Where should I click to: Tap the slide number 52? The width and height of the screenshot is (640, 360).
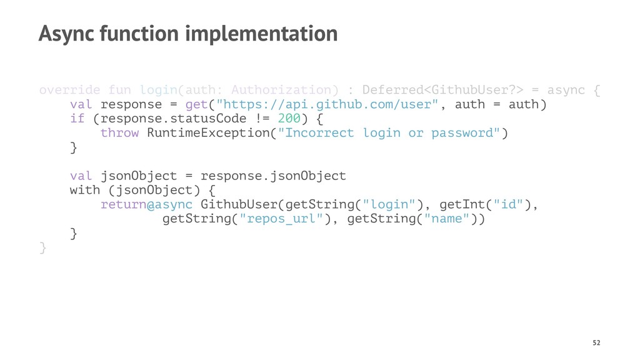(x=596, y=342)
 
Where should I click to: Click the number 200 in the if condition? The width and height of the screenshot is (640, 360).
(x=289, y=119)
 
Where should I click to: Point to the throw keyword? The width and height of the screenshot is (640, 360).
(x=119, y=133)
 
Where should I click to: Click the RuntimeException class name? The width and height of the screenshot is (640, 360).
(x=212, y=133)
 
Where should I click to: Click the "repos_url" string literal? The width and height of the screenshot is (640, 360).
(x=285, y=219)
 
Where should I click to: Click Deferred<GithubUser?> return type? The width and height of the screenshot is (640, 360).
(x=442, y=90)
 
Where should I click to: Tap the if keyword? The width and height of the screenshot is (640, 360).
(x=77, y=119)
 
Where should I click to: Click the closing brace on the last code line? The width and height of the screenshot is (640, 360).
(x=42, y=248)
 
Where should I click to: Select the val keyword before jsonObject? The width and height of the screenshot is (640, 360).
(x=81, y=176)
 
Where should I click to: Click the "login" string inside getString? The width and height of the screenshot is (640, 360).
(x=389, y=205)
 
